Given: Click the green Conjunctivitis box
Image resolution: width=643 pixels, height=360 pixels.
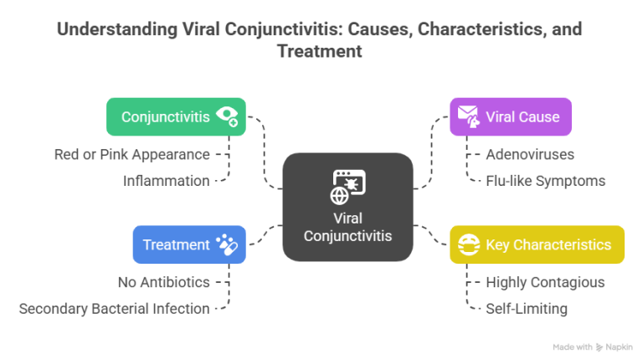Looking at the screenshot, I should coord(176,116).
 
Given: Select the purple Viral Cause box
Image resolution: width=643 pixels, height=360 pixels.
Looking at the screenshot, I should coord(510,116).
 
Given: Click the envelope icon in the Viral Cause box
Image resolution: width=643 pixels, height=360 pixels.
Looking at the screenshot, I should coord(466,116).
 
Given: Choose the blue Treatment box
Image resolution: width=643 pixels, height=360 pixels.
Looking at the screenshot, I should coord(189,244).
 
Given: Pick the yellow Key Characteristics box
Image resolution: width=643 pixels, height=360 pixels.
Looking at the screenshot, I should coord(536,244).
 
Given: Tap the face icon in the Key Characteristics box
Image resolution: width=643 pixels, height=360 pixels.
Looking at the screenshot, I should coord(471,244).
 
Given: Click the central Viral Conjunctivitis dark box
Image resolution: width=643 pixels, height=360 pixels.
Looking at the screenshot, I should coord(347,208).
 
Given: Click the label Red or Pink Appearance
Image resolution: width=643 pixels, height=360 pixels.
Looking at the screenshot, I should coord(131,155).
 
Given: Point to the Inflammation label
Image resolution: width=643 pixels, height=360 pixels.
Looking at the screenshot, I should coord(166,180).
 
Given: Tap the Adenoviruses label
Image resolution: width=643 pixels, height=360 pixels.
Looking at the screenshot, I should coord(530,155).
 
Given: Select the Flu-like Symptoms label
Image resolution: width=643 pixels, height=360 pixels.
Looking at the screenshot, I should coord(545,180).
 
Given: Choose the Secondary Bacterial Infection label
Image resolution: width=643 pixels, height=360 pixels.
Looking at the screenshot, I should coord(114,308).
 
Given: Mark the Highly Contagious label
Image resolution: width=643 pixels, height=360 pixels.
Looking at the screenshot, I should coord(545,283).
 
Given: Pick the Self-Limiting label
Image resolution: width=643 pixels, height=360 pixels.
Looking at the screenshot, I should coord(526,308).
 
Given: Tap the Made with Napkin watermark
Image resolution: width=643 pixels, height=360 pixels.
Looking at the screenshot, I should coord(593,346).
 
